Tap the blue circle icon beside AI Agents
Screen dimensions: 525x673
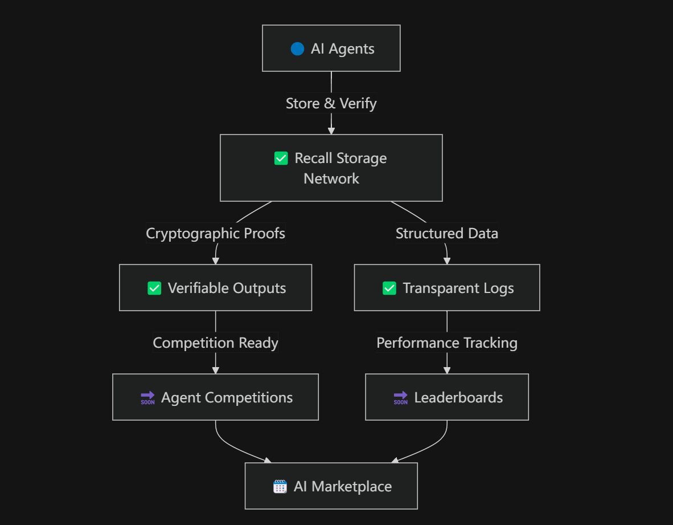tap(297, 48)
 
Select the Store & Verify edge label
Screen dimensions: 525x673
tap(331, 104)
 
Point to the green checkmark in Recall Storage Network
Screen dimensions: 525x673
tap(281, 158)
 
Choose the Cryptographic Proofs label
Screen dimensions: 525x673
tap(215, 234)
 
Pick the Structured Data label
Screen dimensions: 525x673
tap(446, 234)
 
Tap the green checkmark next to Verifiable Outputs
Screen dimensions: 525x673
tap(154, 288)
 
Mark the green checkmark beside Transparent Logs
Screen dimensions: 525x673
tap(389, 288)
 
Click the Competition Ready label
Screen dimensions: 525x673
tap(215, 343)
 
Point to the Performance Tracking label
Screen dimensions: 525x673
tap(446, 343)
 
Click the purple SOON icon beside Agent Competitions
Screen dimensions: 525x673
tap(147, 398)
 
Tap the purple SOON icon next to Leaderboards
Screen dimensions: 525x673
tap(400, 398)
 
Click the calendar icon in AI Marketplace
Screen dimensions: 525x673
tap(280, 487)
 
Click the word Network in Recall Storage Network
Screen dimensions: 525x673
tap(331, 178)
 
